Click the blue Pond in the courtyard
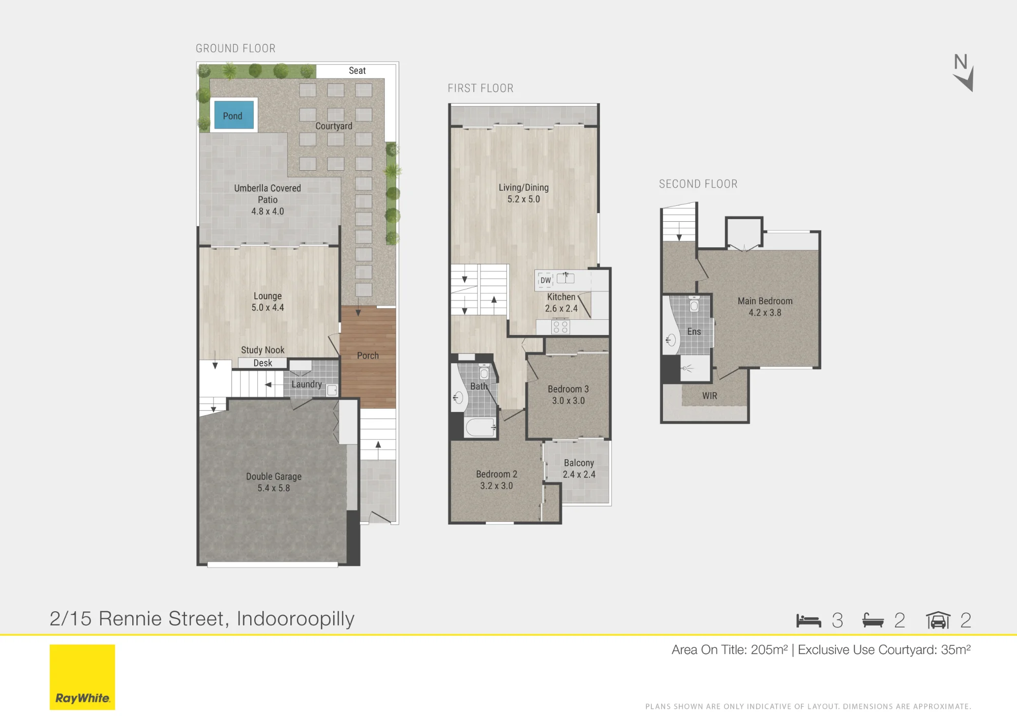pos(233,115)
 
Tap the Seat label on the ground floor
pos(357,71)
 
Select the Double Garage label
pos(274,476)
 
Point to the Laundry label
pos(307,384)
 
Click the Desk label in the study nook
pos(263,363)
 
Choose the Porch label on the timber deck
pos(368,356)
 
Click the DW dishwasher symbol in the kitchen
pos(546,280)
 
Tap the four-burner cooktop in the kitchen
pos(560,326)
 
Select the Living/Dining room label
pos(524,188)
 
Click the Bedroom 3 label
pos(568,389)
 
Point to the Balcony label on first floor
pos(579,463)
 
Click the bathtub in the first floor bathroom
pos(481,428)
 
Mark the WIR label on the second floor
pos(709,396)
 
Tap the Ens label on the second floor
pos(694,332)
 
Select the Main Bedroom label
pos(765,301)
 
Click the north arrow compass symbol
pos(963,73)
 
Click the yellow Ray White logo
pos(82,677)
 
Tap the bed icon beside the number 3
pos(809,621)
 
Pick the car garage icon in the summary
pos(938,620)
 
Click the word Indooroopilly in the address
pos(295,619)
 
